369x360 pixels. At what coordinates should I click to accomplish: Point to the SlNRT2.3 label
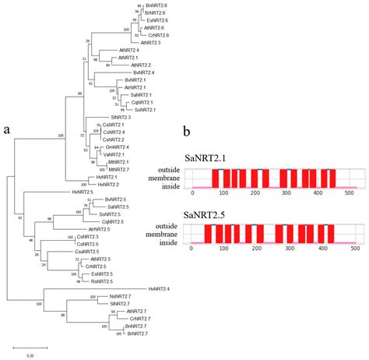click(x=109, y=117)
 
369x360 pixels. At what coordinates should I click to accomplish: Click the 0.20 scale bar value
click(x=30, y=355)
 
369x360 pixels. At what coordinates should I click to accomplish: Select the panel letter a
click(x=7, y=129)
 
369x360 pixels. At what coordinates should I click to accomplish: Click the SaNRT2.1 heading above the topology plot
click(x=203, y=157)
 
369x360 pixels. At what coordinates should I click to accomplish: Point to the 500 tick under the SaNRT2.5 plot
click(x=355, y=249)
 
